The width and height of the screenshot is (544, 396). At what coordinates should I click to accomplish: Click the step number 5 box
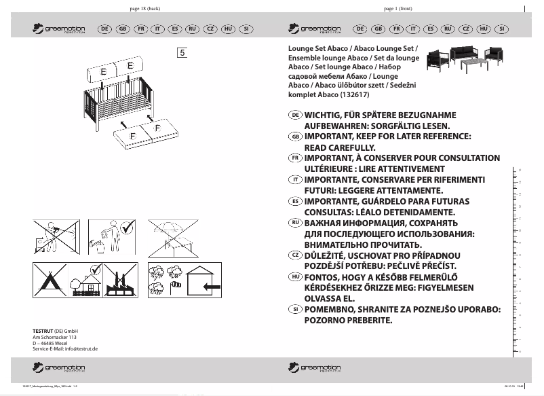tap(182, 52)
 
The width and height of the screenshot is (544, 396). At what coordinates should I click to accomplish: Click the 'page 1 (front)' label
tap(398, 8)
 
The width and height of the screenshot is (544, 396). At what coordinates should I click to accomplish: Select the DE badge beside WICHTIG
tap(295, 115)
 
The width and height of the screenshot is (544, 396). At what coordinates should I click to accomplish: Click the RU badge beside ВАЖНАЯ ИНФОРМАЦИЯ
tap(295, 223)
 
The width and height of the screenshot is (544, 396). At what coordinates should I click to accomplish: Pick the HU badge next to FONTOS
tap(295, 276)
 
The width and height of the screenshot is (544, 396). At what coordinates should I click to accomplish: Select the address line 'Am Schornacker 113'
tap(54, 337)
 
